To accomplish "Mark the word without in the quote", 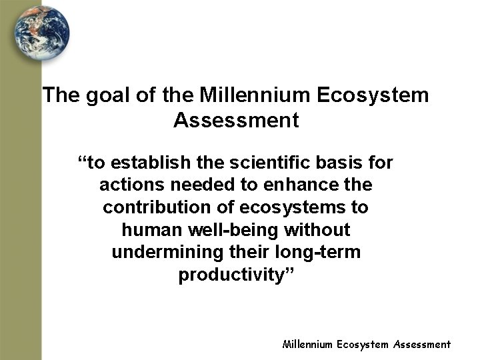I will [x=318, y=231].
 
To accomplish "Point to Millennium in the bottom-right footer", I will [x=307, y=345].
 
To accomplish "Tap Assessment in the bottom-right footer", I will [x=421, y=345].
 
